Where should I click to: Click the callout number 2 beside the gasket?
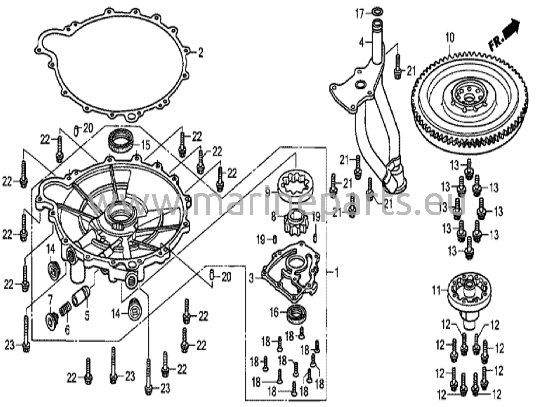200,53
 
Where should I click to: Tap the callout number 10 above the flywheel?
450,38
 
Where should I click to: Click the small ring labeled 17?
377,12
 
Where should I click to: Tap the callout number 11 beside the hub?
437,291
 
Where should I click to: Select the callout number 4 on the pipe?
362,42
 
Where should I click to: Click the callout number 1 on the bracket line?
336,273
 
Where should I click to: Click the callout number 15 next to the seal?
145,146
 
